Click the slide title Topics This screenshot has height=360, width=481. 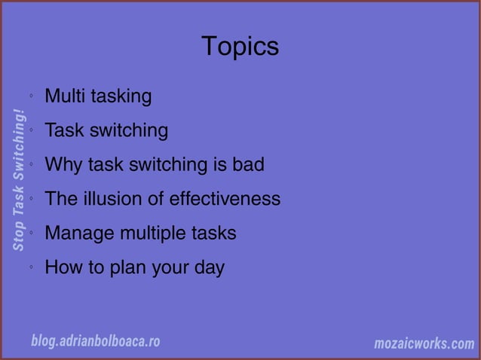tap(240, 47)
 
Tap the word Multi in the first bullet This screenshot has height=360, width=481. tap(64, 96)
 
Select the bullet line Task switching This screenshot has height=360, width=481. tap(106, 131)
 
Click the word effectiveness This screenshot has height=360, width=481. tap(225, 199)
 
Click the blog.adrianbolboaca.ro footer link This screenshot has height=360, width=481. tap(95, 341)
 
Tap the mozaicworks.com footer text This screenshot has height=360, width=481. tap(424, 344)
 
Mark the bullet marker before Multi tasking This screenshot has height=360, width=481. tap(31, 97)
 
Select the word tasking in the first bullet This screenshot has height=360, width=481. tap(121, 97)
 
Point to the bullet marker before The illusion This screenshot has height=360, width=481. tap(31, 200)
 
